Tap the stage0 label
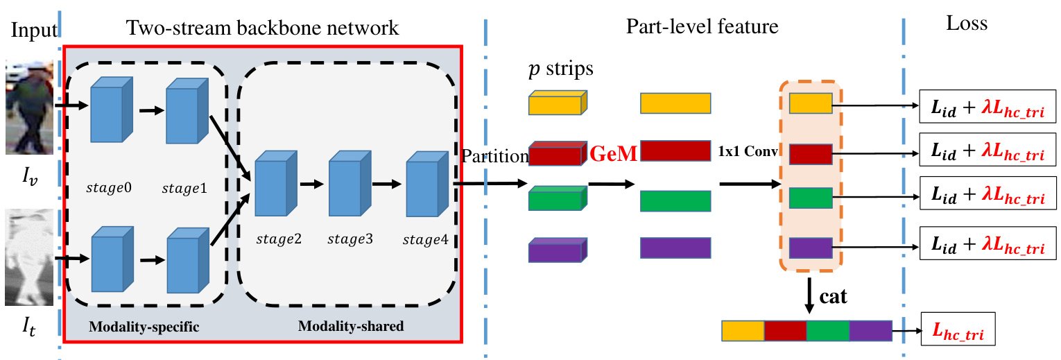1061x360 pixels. [x=107, y=188]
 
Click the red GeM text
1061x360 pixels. [x=613, y=155]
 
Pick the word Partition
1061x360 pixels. [x=495, y=157]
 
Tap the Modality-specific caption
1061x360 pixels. [x=144, y=327]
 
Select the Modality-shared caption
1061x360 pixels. [x=350, y=325]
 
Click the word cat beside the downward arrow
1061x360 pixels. [x=832, y=297]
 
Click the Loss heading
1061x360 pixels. [x=966, y=24]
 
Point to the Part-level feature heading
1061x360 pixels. [x=702, y=27]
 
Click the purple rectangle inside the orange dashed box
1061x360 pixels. [x=810, y=247]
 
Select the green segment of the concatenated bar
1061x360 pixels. [x=827, y=331]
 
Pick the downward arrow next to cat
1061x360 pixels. [x=809, y=294]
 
